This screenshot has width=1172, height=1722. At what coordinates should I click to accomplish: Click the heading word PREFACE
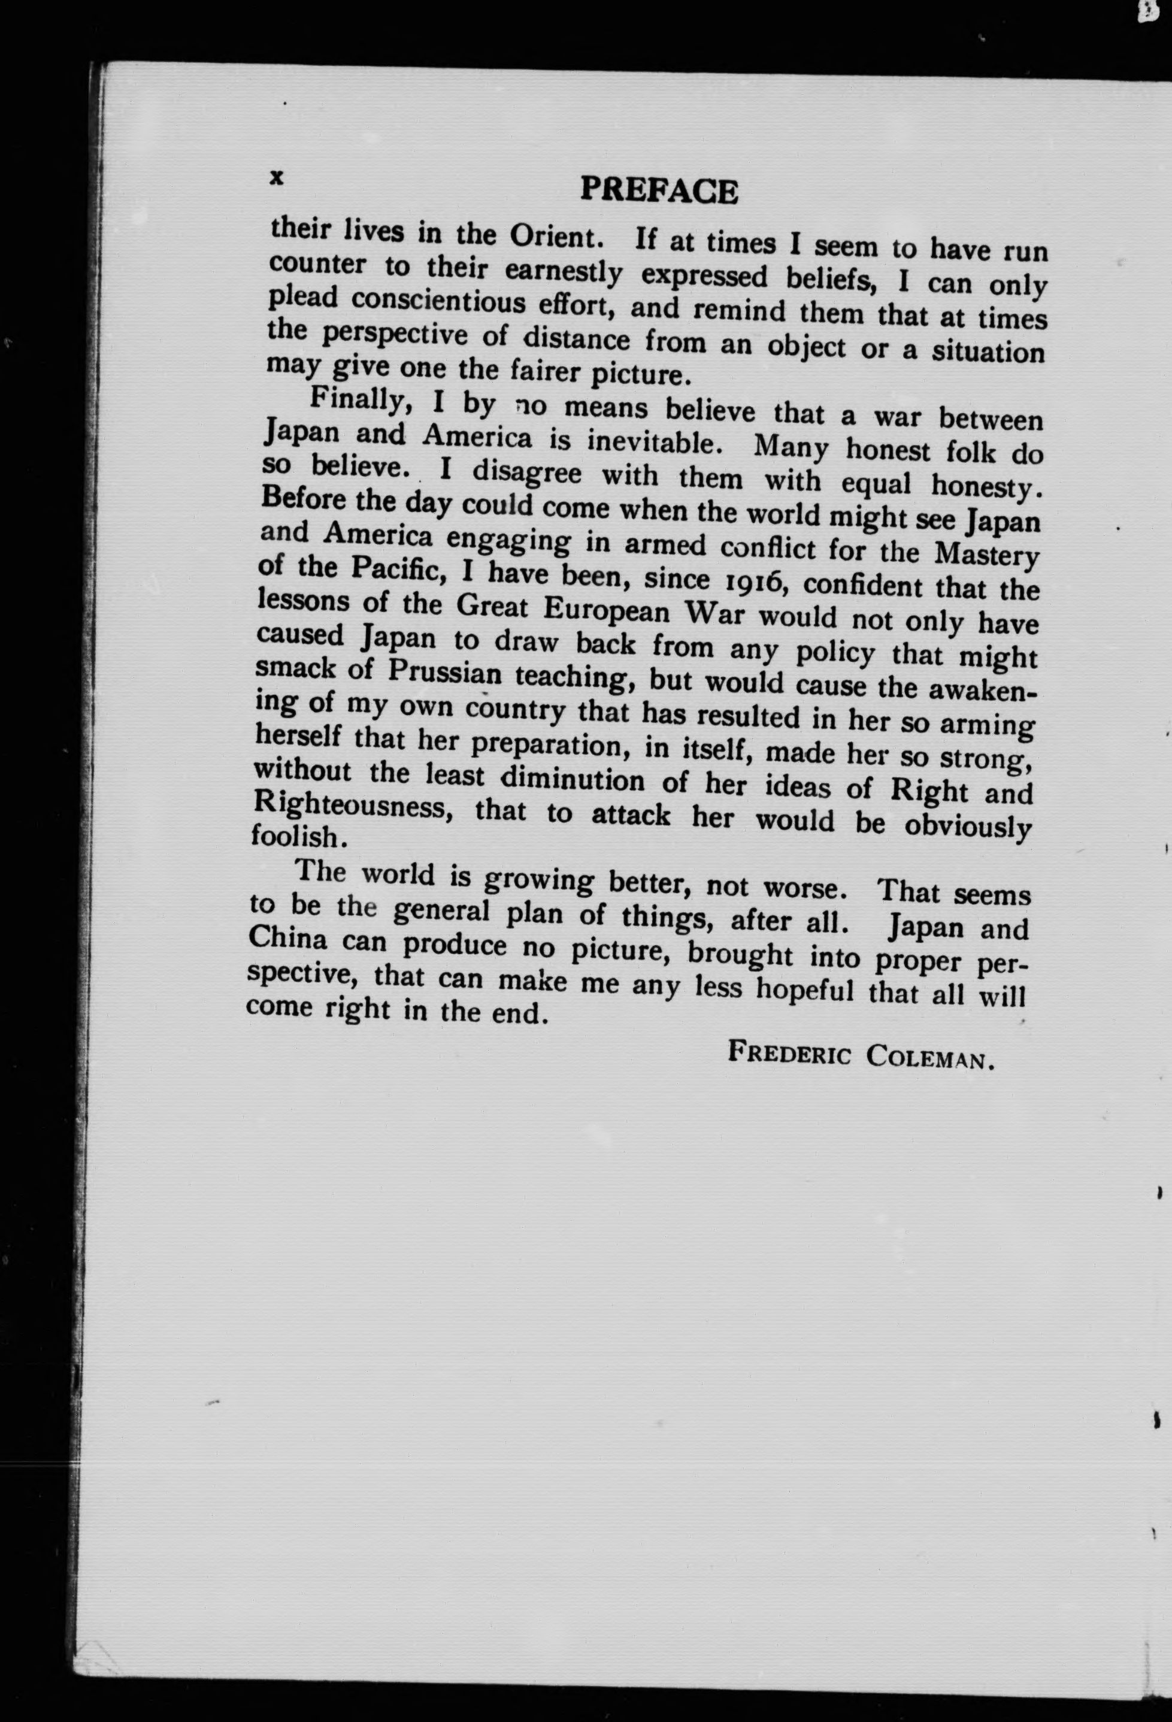659,190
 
